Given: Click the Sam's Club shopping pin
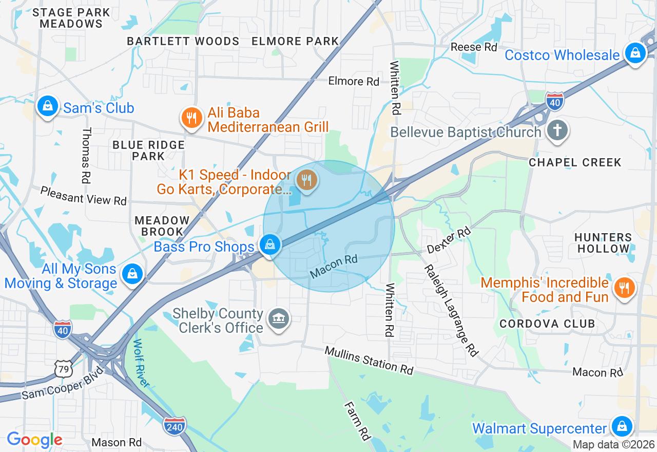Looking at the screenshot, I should click(47, 106).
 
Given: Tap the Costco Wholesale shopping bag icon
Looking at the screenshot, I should click(635, 53).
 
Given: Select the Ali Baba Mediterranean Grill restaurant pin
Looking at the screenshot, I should click(191, 118).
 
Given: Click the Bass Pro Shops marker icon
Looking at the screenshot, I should click(269, 245).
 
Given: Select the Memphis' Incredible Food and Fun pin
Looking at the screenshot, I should click(624, 288).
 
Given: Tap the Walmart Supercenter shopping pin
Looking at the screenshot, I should click(622, 426).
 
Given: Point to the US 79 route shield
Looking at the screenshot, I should click(63, 369).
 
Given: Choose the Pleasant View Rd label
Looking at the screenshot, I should click(84, 196).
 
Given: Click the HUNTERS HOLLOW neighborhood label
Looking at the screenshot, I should click(603, 243).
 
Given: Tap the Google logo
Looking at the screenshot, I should click(34, 440).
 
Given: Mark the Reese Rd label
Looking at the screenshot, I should click(474, 47).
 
